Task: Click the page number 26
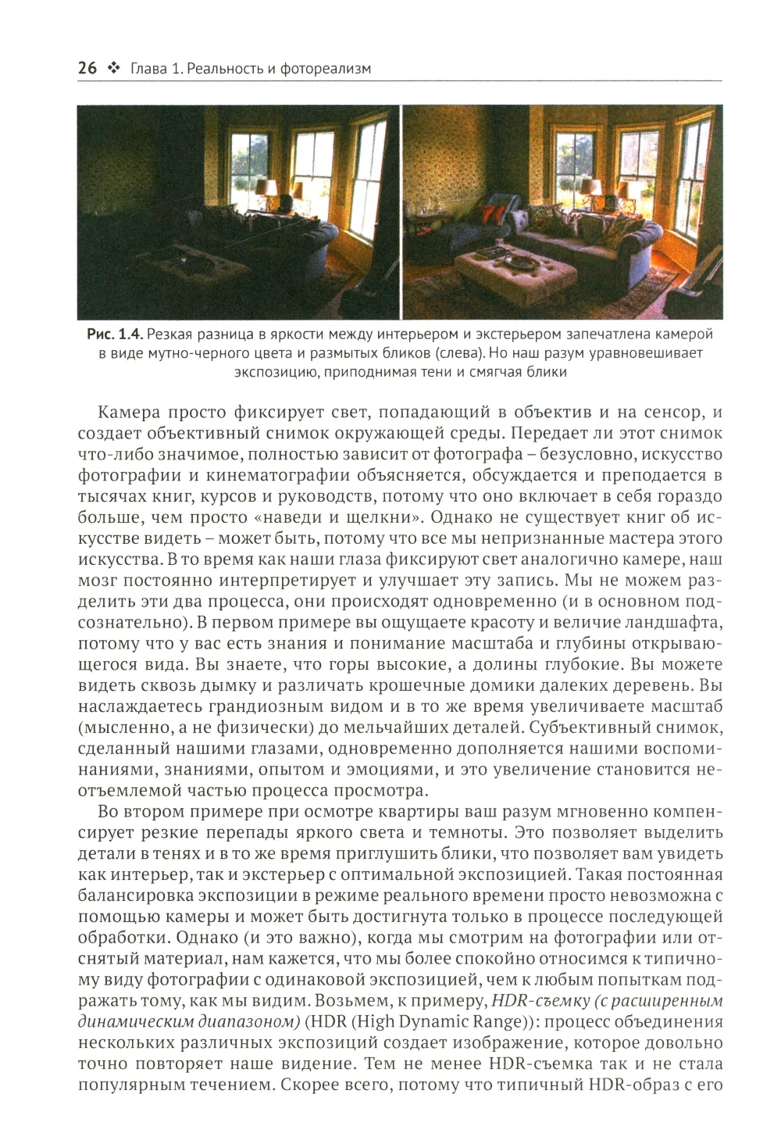(x=87, y=69)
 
